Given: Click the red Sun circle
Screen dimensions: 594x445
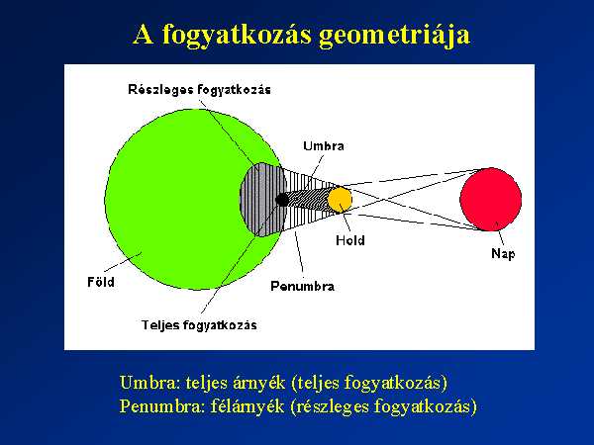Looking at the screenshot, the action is (x=491, y=200).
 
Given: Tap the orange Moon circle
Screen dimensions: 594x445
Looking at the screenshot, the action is (x=340, y=200).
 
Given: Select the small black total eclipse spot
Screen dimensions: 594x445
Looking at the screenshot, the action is (x=282, y=200).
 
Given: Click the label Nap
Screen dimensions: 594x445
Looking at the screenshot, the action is (x=503, y=254).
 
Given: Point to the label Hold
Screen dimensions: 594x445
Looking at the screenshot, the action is (x=350, y=240).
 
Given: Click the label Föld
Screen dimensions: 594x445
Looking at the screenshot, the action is (x=101, y=282).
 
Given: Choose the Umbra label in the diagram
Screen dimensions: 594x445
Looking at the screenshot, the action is (x=324, y=146).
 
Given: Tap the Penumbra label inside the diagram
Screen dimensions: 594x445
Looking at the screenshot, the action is (x=302, y=286).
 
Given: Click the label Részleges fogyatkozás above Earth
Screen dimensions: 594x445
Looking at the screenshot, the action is (x=199, y=90).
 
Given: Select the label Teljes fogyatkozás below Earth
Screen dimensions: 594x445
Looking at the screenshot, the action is (x=199, y=325).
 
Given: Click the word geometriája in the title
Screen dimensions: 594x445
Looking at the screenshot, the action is (x=395, y=36).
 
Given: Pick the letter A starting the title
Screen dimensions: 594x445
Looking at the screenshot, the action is (x=144, y=35).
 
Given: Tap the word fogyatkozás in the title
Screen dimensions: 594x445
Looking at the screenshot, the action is (x=237, y=36).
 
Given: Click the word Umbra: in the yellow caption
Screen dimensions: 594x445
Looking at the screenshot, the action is (x=150, y=383).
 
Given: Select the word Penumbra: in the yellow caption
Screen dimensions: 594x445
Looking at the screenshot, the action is (x=162, y=406).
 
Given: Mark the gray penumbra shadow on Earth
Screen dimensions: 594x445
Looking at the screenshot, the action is (x=261, y=200).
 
